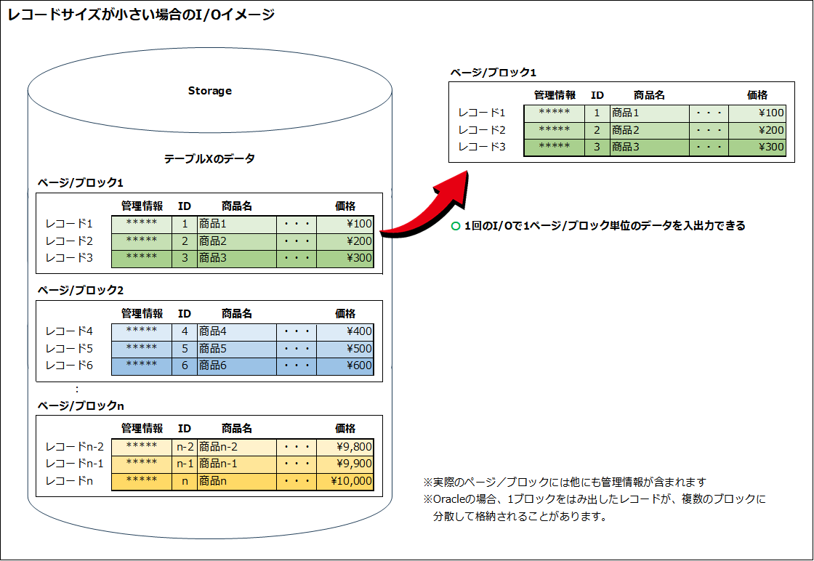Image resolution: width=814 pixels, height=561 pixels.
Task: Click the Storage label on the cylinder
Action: (210, 91)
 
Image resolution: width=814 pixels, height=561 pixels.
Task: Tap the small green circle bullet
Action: (456, 226)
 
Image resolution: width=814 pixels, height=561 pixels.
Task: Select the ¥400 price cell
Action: (345, 331)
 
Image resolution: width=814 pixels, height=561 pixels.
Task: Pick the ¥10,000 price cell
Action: (345, 482)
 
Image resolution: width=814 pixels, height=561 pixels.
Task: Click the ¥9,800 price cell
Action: (345, 447)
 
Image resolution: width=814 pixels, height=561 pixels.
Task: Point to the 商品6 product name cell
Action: (237, 366)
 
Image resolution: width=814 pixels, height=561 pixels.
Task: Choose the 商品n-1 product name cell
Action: (237, 464)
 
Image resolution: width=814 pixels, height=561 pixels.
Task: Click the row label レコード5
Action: (69, 349)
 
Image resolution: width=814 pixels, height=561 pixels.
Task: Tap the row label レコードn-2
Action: (75, 447)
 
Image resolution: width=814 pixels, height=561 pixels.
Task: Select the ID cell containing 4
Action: (185, 331)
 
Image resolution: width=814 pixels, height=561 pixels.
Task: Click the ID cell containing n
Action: (185, 482)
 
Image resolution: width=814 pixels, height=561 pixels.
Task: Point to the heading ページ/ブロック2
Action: (81, 291)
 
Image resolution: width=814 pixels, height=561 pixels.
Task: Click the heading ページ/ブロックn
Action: (81, 405)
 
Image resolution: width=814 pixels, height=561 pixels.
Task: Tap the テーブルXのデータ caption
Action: (210, 159)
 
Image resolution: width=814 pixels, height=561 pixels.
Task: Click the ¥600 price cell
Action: (345, 366)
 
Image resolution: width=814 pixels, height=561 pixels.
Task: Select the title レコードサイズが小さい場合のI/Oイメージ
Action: (141, 15)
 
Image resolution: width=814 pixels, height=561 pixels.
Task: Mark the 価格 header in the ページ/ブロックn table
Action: (345, 429)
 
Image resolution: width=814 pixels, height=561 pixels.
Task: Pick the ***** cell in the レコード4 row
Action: (142, 331)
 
